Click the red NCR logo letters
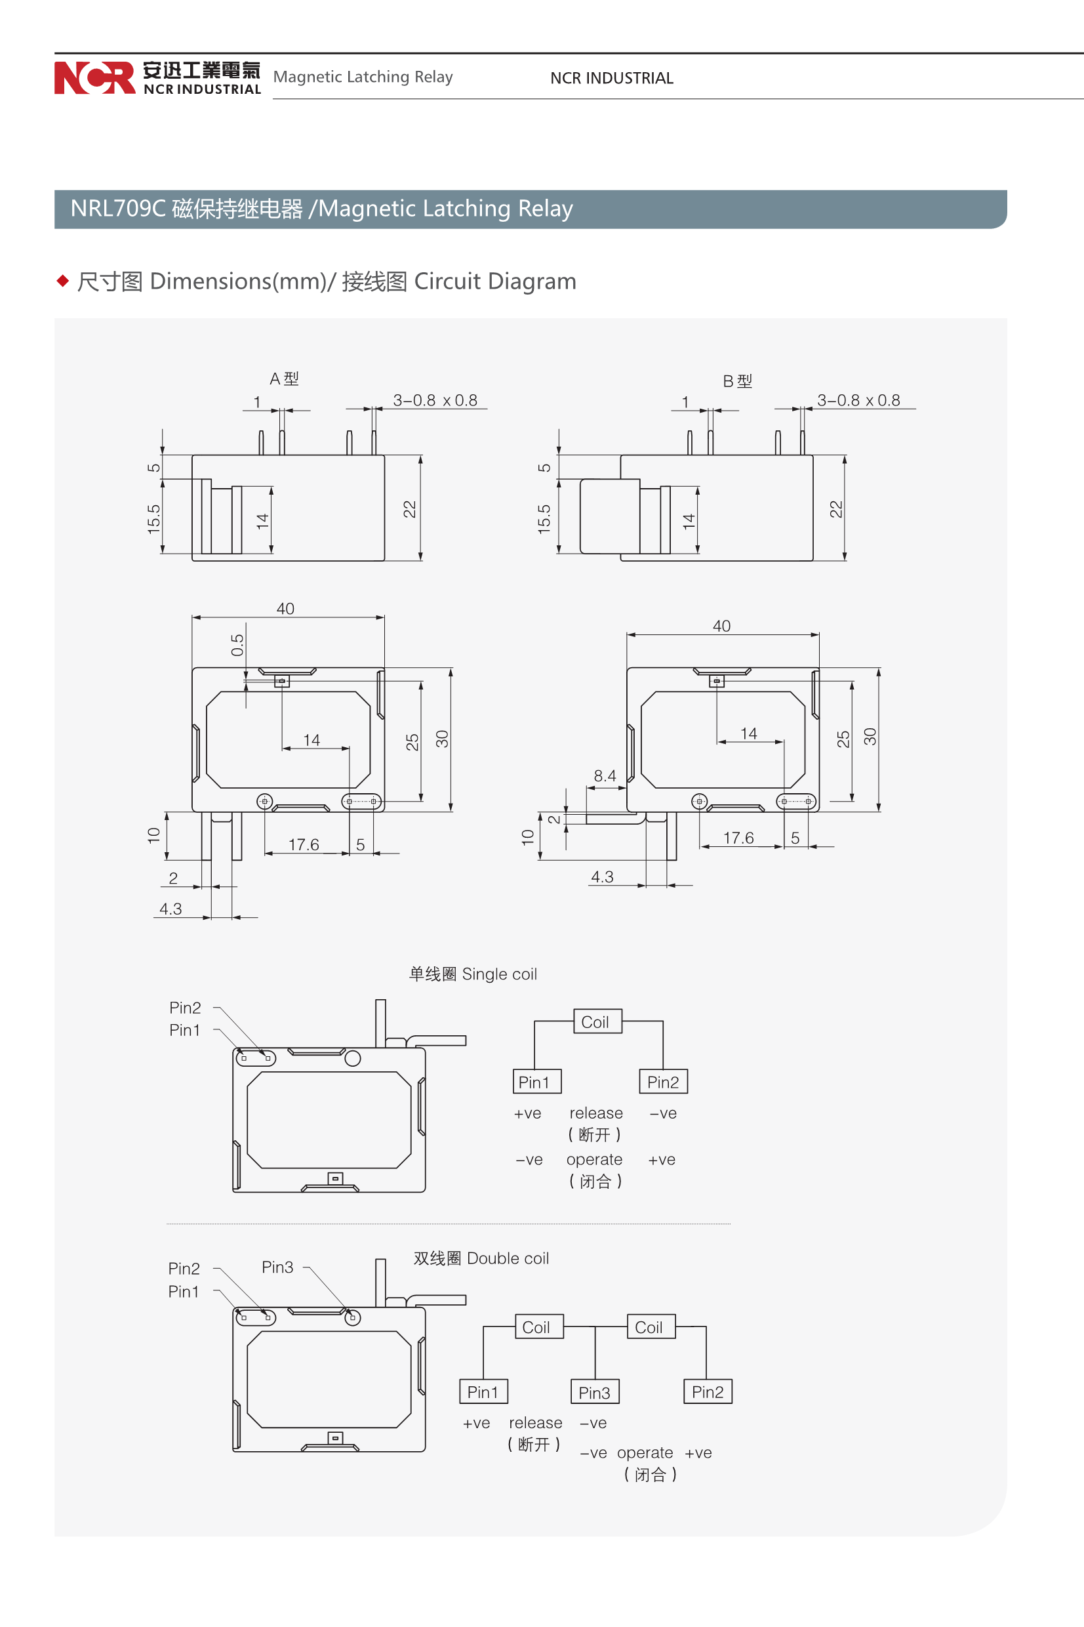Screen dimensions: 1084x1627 pyautogui.click(x=94, y=77)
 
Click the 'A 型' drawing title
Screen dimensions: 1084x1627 pyautogui.click(x=284, y=379)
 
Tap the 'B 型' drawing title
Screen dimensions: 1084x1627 pyautogui.click(x=737, y=381)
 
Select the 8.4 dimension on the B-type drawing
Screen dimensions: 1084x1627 pyautogui.click(x=605, y=776)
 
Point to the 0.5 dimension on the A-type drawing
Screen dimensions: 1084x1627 pyautogui.click(x=237, y=644)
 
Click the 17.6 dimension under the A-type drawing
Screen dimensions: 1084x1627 pyautogui.click(x=304, y=844)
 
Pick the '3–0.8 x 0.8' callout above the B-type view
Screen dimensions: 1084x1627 pyautogui.click(x=858, y=400)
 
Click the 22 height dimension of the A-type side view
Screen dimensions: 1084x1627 pyautogui.click(x=409, y=509)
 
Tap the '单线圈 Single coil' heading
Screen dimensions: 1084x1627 pyautogui.click(x=473, y=974)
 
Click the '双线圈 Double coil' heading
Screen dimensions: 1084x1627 pyautogui.click(x=481, y=1258)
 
